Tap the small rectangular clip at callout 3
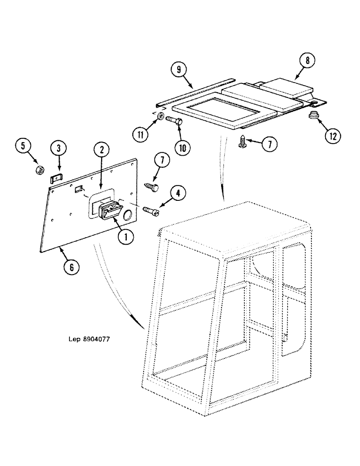tap(55, 178)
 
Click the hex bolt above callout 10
tap(175, 120)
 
